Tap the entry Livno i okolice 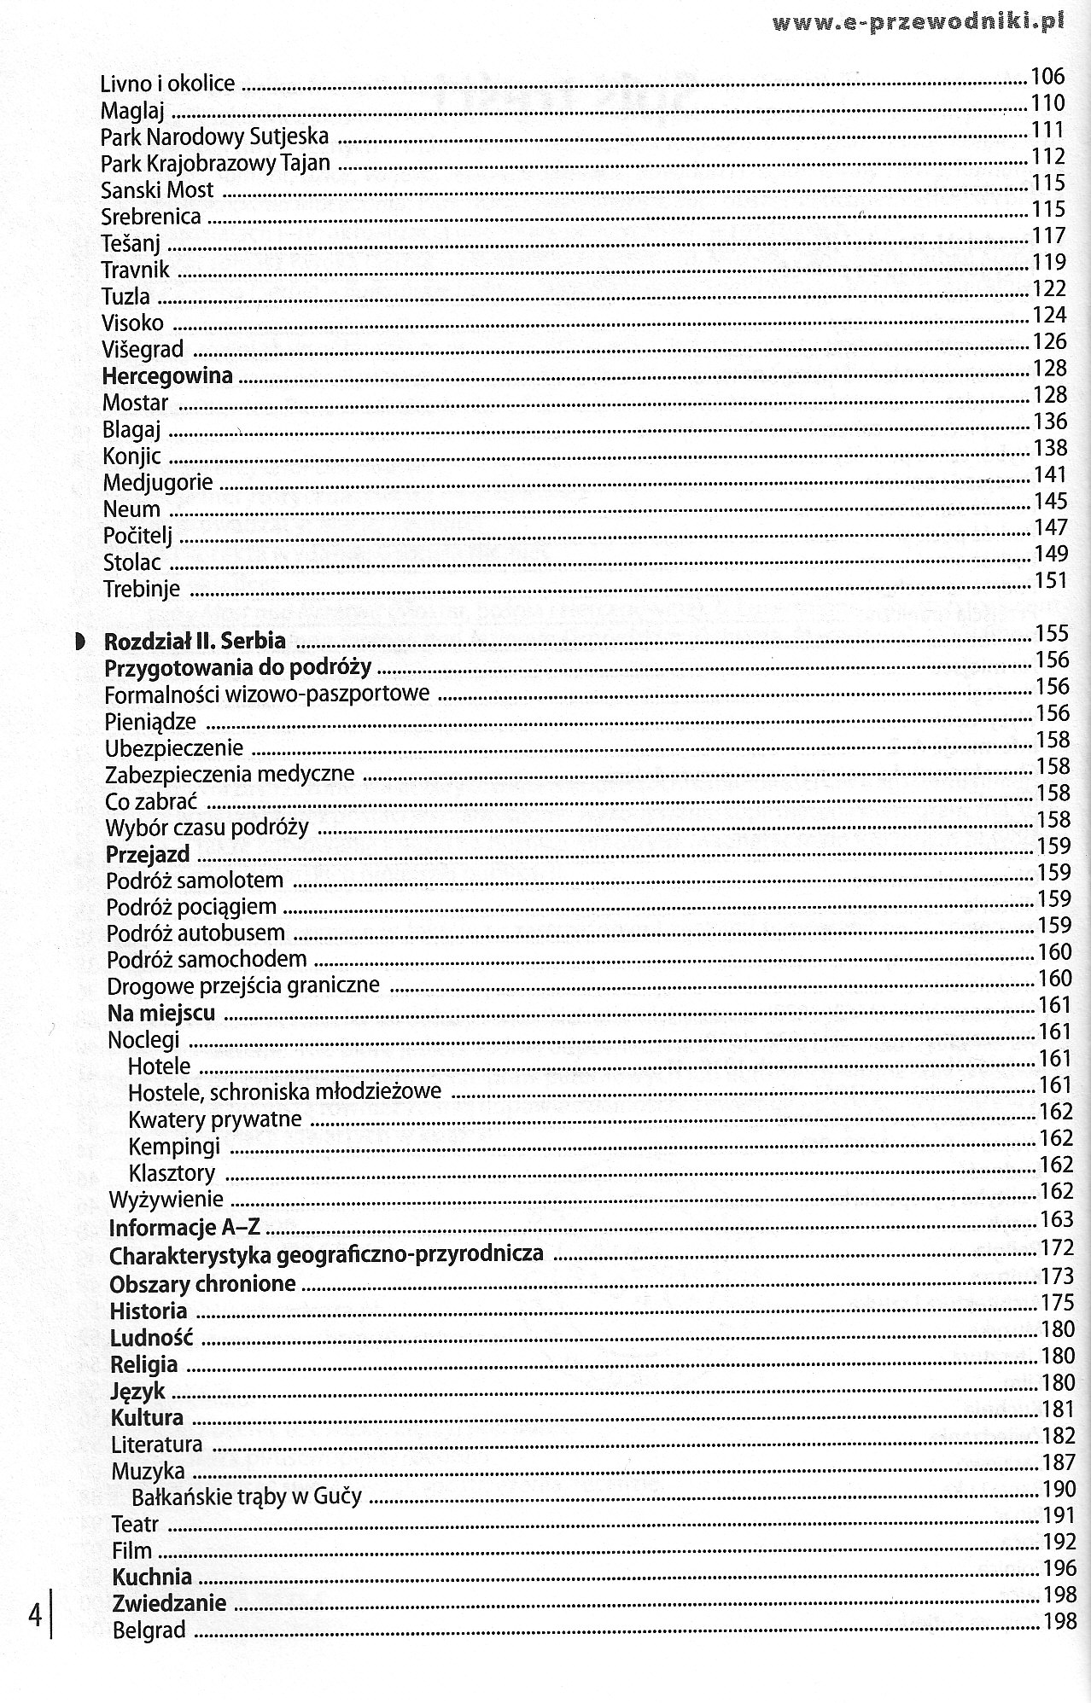click(x=167, y=84)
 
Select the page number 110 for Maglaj click(x=1048, y=103)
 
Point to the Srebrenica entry click(x=151, y=217)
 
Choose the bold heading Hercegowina click(x=167, y=376)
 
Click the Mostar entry click(x=136, y=403)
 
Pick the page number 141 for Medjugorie click(x=1050, y=474)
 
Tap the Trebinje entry click(x=142, y=589)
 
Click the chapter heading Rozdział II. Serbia click(x=195, y=642)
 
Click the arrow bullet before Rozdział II click(x=79, y=640)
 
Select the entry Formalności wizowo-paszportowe click(x=267, y=695)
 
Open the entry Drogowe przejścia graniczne click(x=243, y=987)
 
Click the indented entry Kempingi click(x=174, y=1146)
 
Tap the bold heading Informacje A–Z click(x=184, y=1229)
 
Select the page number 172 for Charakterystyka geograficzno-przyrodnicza click(x=1057, y=1248)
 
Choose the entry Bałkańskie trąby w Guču click(x=247, y=1496)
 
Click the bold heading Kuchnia click(x=151, y=1576)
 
